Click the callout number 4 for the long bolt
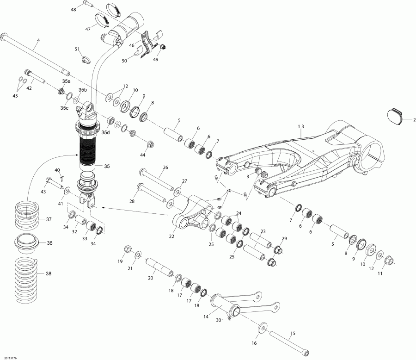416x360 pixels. pos(38,40)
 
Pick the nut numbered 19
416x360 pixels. pos(128,251)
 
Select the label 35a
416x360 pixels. pos(67,81)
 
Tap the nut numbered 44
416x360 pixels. pos(150,144)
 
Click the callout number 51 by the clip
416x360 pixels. pos(77,49)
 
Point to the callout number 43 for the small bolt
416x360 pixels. pos(43,192)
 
